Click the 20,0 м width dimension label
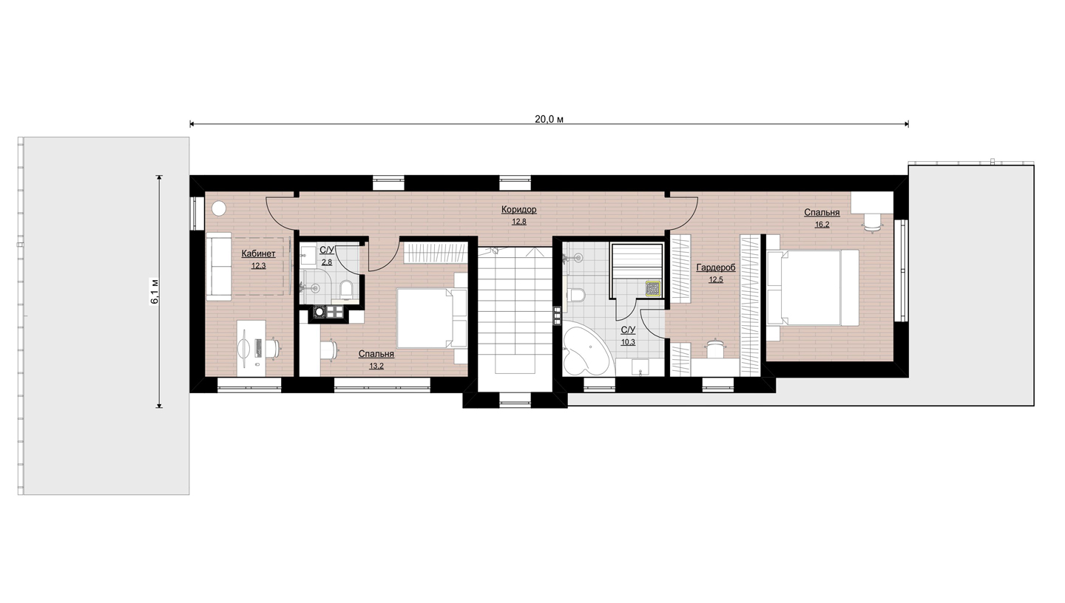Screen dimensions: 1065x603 tap(549, 119)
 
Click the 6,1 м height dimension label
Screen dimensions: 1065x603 tap(155, 291)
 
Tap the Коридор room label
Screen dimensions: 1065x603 tap(518, 210)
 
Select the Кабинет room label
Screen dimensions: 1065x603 tap(258, 253)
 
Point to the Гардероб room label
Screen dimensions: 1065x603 tap(716, 268)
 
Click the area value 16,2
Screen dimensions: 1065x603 tap(822, 225)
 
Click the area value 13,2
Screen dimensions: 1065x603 tap(376, 366)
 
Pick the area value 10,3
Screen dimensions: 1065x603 tap(628, 342)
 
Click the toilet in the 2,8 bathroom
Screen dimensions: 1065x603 tap(346, 290)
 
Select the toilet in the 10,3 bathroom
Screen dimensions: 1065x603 tap(575, 295)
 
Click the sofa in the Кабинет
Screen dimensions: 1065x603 tap(219, 266)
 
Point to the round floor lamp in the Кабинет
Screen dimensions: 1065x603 tap(219, 208)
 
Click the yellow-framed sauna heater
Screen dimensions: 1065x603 tap(653, 289)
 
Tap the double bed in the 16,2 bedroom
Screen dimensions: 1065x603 tap(813, 288)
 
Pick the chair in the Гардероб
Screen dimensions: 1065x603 tap(714, 348)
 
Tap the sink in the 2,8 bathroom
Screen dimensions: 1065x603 tap(308, 255)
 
